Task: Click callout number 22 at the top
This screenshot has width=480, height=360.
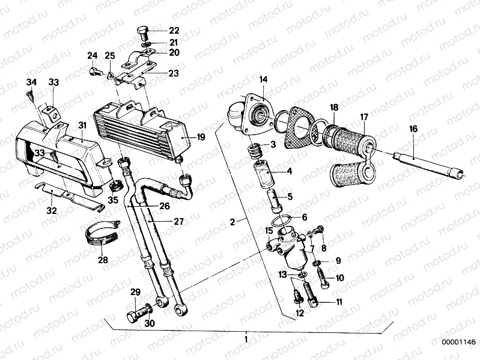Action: pos(157,31)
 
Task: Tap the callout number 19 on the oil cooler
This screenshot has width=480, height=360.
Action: pos(201,137)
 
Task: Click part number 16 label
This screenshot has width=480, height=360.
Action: pos(413,129)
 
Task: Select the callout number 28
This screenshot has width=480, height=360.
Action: pos(103,260)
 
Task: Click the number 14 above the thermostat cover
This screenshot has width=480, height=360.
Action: pos(263,79)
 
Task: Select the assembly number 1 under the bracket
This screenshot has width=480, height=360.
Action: pos(245,340)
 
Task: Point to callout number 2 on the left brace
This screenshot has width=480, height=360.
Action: pos(232,222)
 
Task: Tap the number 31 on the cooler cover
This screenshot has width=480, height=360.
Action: pos(82,124)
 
